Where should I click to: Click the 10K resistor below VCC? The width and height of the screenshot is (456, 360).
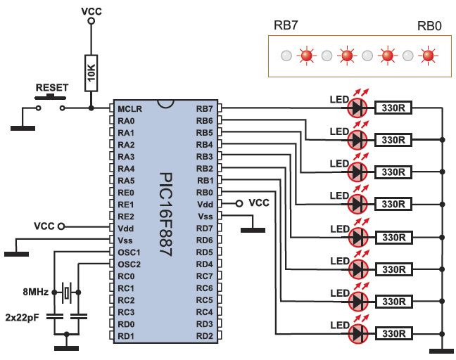tap(91, 72)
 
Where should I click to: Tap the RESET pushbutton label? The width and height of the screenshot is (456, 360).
tap(52, 88)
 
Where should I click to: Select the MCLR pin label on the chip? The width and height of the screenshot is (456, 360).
tap(130, 109)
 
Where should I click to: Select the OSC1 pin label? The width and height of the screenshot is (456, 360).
tap(129, 252)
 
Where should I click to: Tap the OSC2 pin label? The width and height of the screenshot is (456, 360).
tap(129, 264)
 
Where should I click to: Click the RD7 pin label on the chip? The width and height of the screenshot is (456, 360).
tap(204, 228)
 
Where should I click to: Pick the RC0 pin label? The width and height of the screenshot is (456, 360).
tap(127, 276)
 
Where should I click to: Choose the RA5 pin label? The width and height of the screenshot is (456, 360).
tap(127, 181)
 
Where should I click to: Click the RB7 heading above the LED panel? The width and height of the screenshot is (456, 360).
tap(286, 26)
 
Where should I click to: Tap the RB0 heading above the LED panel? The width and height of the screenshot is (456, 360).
tap(429, 26)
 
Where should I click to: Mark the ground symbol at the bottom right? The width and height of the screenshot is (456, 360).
tap(442, 349)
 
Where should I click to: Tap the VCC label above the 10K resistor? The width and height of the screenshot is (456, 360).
tap(91, 12)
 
